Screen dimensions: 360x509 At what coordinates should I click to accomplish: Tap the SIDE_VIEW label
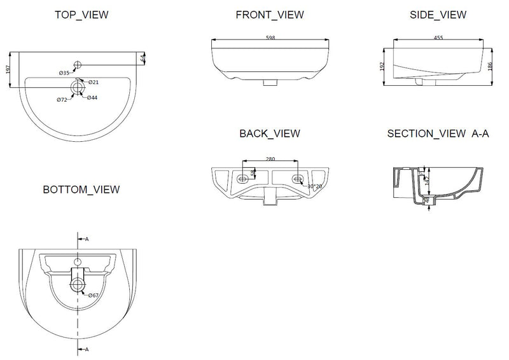pyautogui.click(x=438, y=15)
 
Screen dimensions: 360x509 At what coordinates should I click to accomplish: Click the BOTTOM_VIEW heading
pyautogui.click(x=81, y=190)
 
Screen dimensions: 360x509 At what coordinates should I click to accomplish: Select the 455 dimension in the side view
pyautogui.click(x=438, y=38)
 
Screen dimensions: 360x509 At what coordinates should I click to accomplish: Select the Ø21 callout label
pyautogui.click(x=93, y=82)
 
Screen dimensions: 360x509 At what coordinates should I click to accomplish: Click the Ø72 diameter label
pyautogui.click(x=62, y=100)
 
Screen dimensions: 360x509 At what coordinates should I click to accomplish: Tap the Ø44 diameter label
pyautogui.click(x=92, y=97)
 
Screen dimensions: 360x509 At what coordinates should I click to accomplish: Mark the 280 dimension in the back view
pyautogui.click(x=271, y=158)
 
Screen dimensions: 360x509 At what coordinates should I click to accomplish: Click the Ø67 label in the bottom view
pyautogui.click(x=93, y=295)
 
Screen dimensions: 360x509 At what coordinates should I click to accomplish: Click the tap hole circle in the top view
pyautogui.click(x=78, y=64)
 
